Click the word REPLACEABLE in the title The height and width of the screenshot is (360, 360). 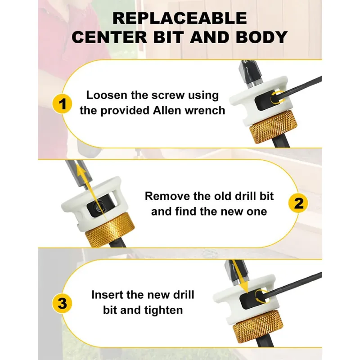180,18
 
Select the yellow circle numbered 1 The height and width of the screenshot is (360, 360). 62,104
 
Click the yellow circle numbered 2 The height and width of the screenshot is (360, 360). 298,203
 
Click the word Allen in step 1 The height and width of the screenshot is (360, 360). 167,110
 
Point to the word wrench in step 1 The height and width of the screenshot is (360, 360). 205,111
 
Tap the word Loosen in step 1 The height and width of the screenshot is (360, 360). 107,95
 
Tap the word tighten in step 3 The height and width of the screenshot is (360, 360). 163,310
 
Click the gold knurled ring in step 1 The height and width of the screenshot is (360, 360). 273,126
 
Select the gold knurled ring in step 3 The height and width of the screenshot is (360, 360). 256,326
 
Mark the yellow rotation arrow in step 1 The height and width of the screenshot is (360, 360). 277,98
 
